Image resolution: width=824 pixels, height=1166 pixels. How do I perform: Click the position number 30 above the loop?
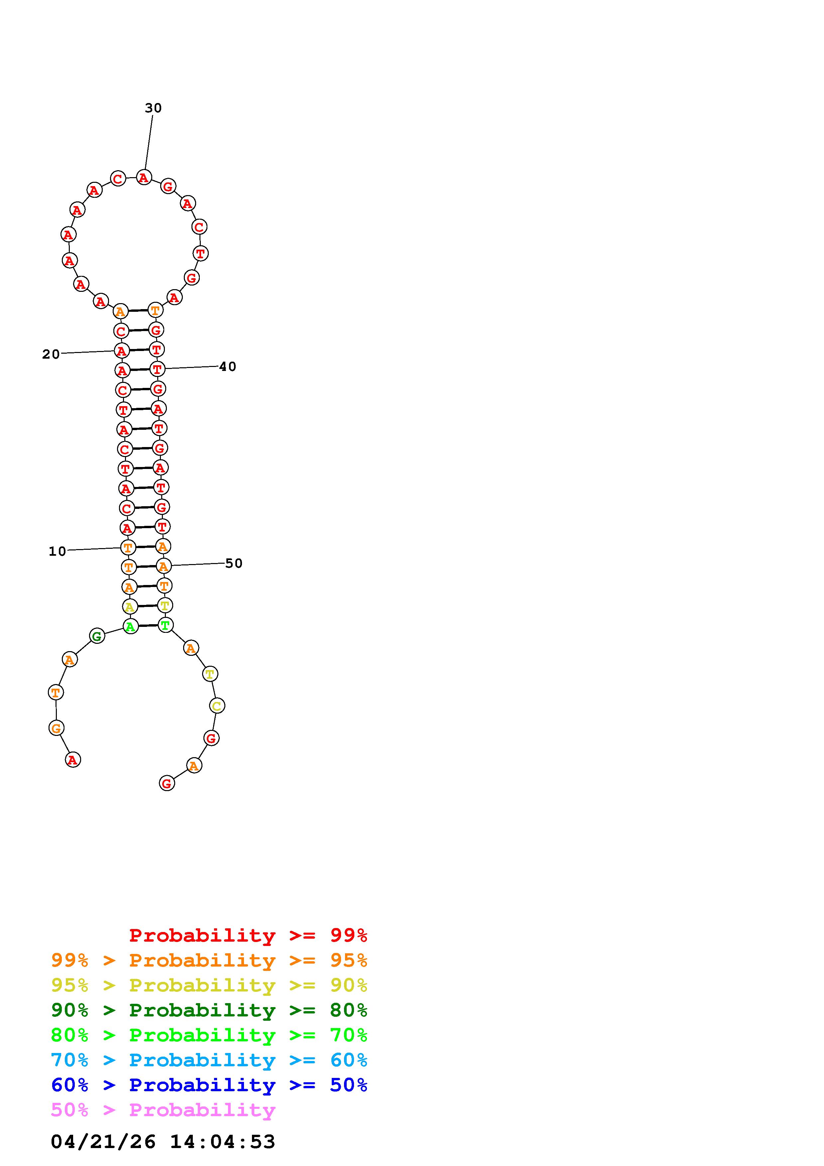[153, 108]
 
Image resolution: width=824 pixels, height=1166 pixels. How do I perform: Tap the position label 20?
[51, 354]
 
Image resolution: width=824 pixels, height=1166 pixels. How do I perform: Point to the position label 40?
[227, 366]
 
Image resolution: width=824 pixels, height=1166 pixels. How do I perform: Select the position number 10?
[58, 551]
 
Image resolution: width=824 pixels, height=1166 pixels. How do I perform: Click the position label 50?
[234, 563]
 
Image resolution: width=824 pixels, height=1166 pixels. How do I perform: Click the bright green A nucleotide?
[131, 626]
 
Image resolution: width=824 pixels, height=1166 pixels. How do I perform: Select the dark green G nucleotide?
[97, 636]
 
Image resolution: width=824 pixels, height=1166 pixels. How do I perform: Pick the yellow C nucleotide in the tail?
[217, 705]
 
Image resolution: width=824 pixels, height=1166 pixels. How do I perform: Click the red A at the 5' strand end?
[73, 760]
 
